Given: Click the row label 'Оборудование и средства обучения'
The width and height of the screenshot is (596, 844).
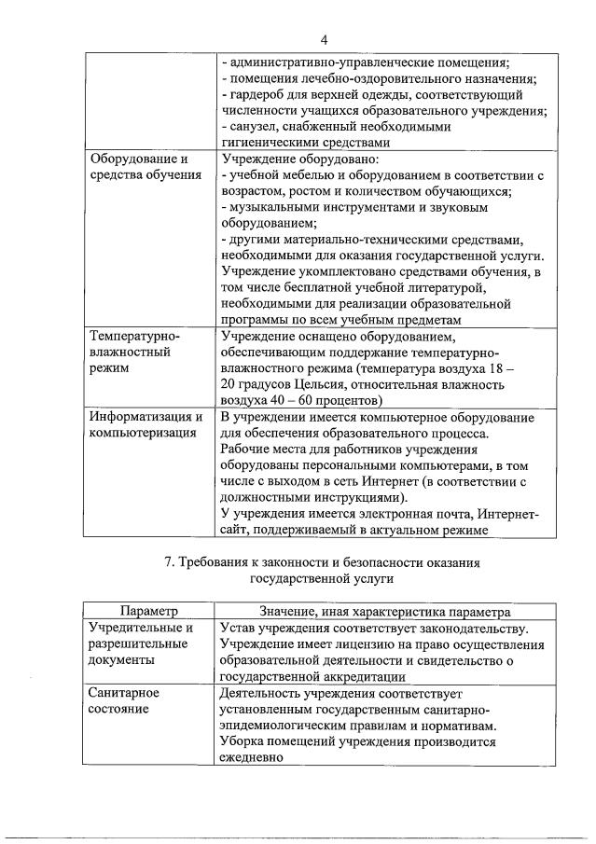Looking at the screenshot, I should point(145,167).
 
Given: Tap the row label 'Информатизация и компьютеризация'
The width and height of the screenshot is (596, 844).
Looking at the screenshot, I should point(146,424).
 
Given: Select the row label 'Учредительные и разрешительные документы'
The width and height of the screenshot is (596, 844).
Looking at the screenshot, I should point(141,644).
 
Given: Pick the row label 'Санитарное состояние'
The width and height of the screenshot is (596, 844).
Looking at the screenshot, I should point(124,702).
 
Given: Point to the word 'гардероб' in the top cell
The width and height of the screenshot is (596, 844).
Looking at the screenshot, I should point(258,94).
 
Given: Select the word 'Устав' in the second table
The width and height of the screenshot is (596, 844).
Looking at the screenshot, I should point(238,628).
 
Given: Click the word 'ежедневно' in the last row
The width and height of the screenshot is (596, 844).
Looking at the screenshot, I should point(252,758).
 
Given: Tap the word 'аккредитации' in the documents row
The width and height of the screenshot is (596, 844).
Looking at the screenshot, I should point(359,677).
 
